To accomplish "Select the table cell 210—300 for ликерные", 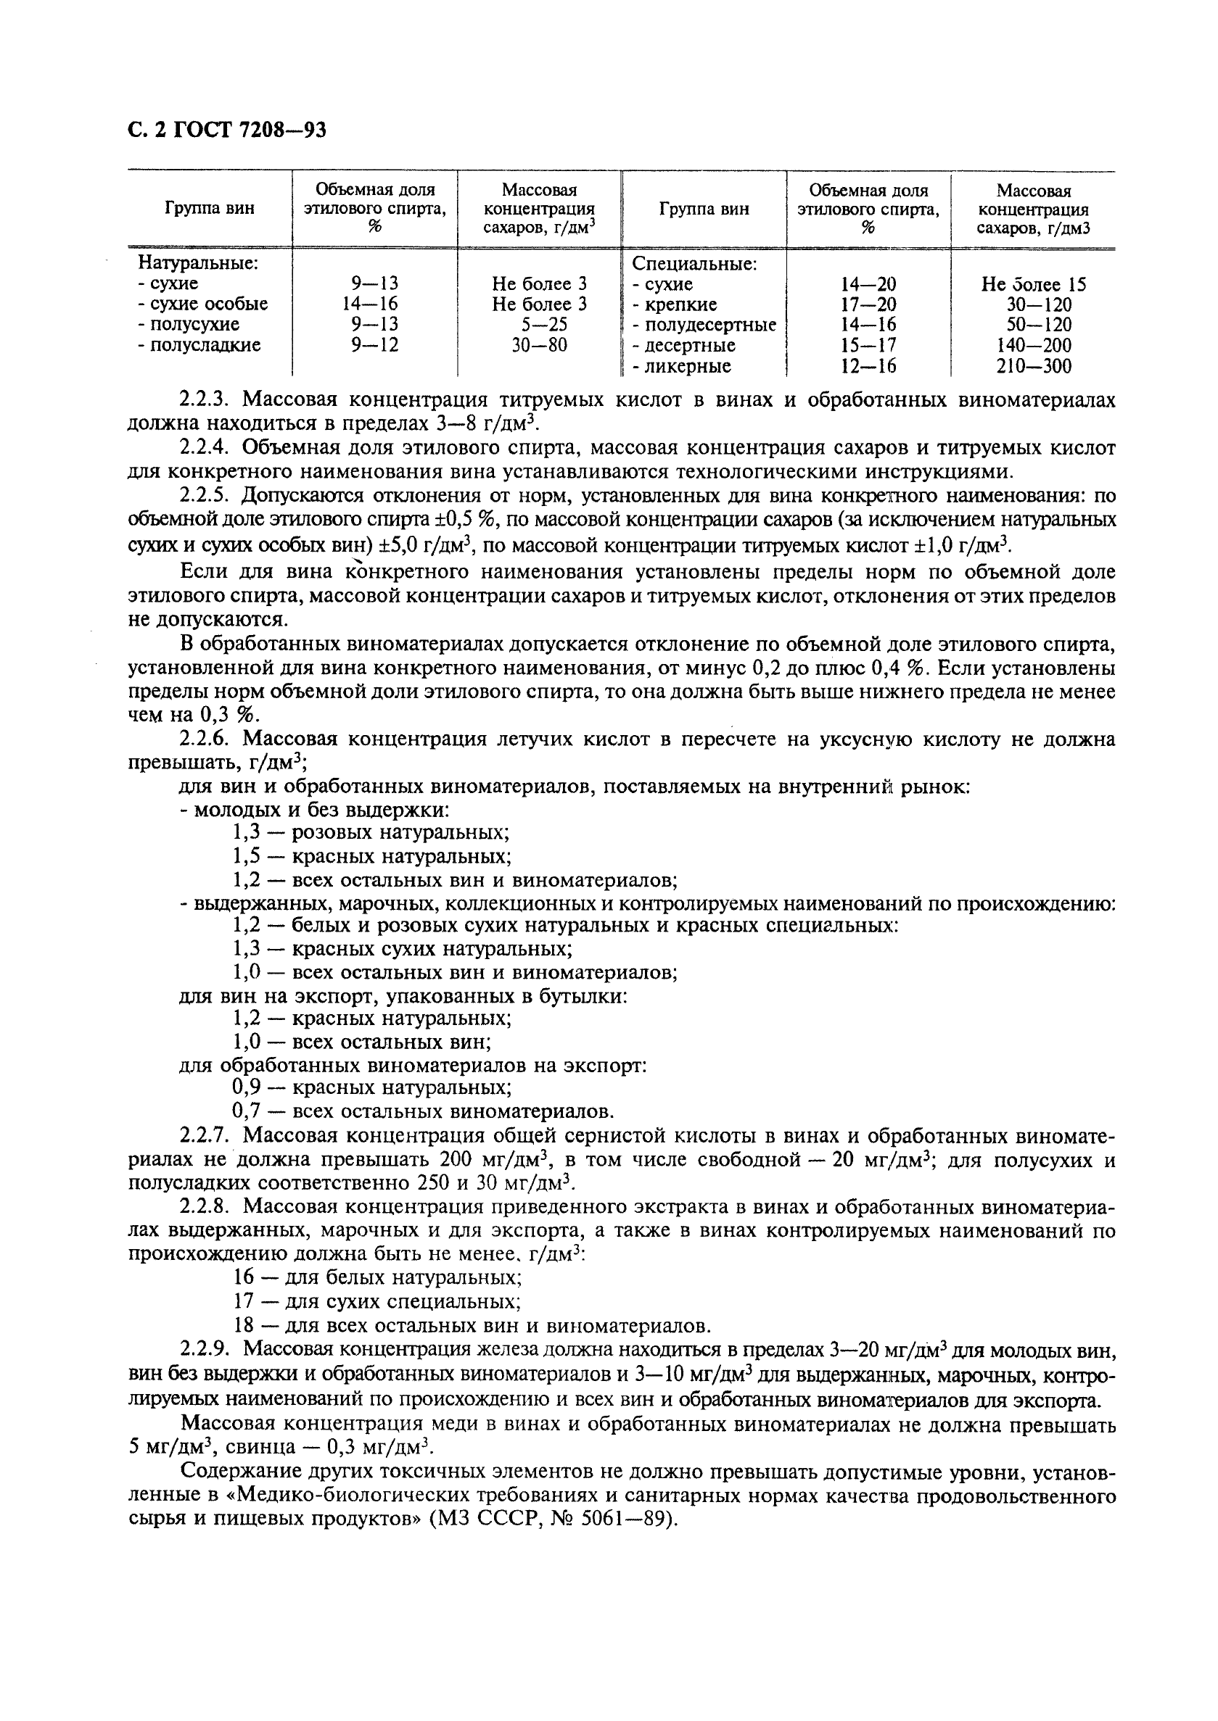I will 1034,367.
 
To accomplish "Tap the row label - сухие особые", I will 202,304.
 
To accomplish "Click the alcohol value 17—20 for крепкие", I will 868,305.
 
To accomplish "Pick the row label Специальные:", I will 694,264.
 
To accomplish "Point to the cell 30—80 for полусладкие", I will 539,346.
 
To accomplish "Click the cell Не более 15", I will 1034,285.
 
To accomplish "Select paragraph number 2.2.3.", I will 205,400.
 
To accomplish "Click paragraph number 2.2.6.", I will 205,740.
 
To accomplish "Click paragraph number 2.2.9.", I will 205,1348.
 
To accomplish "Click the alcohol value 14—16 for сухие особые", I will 375,304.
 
